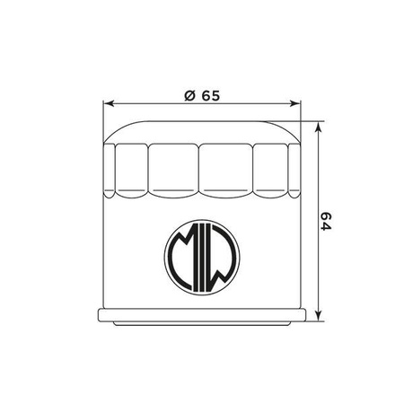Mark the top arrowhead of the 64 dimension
pyautogui.click(x=319, y=125)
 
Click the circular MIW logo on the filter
pyautogui.click(x=202, y=256)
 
